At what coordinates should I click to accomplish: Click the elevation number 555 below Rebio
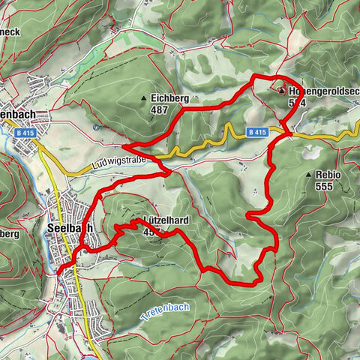(x=323, y=186)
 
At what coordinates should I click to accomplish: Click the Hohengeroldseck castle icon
(x=281, y=91)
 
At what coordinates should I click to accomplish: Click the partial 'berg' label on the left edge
(x=10, y=233)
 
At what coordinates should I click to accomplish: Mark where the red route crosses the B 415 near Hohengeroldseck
(x=289, y=135)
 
